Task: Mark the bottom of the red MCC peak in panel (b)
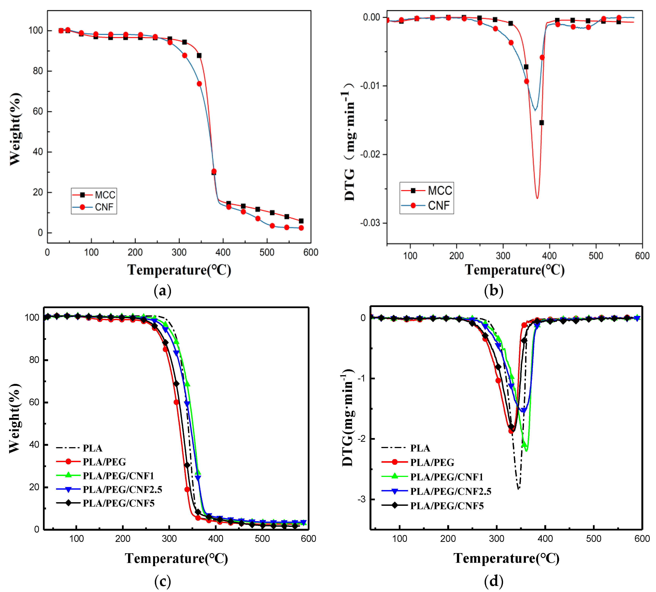[x=537, y=198]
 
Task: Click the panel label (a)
[x=162, y=290]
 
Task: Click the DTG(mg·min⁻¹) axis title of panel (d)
[x=347, y=418]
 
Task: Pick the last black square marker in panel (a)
[x=301, y=221]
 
